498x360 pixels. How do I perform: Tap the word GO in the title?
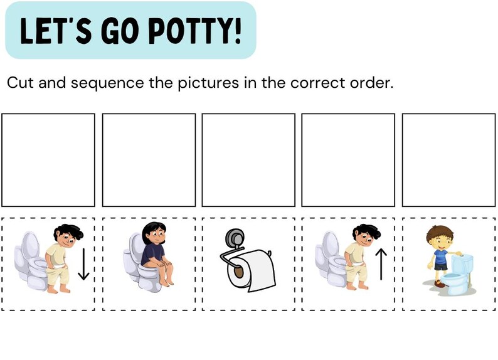point(121,31)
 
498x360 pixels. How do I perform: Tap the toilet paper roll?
point(255,270)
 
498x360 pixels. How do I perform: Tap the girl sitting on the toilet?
point(154,254)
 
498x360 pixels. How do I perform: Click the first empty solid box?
point(48,160)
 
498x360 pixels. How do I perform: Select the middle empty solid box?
point(248,160)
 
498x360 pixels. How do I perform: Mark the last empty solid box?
point(448,160)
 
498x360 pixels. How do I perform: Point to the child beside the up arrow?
point(357,257)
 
